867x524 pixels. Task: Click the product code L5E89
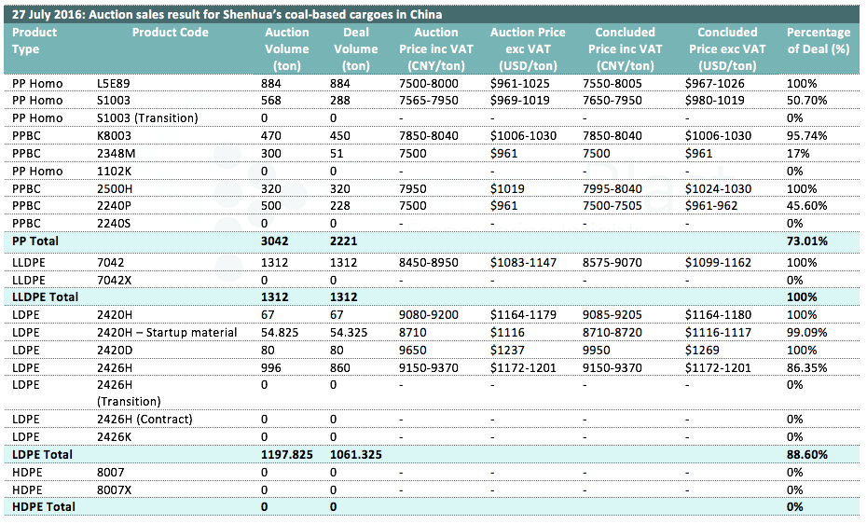[114, 84]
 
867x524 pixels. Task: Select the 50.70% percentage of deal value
[806, 101]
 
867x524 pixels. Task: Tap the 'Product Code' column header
[171, 32]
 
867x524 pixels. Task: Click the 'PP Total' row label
[35, 241]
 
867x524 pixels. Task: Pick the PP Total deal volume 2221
[343, 241]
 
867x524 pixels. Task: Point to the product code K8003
[114, 136]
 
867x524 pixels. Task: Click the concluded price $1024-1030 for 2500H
[718, 189]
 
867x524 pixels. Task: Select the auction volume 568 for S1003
[271, 101]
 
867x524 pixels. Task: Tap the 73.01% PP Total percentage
[807, 241]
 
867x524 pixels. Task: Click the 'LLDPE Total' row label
[46, 296]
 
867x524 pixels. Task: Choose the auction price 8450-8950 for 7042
[429, 263]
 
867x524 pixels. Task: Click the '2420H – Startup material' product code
[167, 333]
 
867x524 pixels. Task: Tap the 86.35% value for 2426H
[806, 368]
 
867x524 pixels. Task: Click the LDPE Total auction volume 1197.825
[287, 454]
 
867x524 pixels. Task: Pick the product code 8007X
[115, 490]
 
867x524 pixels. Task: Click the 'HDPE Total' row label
[44, 507]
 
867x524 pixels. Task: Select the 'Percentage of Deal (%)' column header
[819, 41]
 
